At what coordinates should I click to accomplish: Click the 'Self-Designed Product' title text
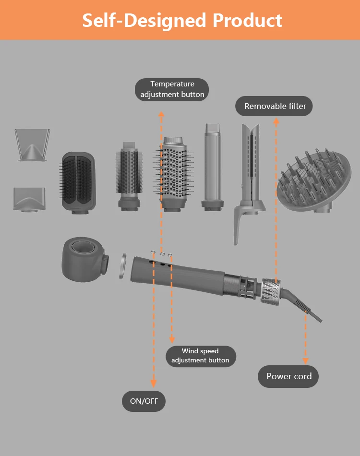click(x=182, y=21)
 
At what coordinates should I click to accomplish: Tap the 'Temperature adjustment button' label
click(x=172, y=90)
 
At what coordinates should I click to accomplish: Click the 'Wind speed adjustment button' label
click(x=200, y=356)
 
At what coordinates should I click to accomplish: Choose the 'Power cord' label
click(x=289, y=376)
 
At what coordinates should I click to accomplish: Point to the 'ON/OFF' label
click(x=144, y=401)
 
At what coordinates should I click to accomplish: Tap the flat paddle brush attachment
click(x=78, y=181)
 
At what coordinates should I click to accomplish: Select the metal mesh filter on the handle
click(x=271, y=290)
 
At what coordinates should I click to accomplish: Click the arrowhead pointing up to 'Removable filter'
click(x=276, y=121)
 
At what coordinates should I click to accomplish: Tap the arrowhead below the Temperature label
click(x=162, y=114)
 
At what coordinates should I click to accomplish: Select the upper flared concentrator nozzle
click(x=32, y=144)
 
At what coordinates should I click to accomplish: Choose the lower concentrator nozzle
click(x=30, y=198)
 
